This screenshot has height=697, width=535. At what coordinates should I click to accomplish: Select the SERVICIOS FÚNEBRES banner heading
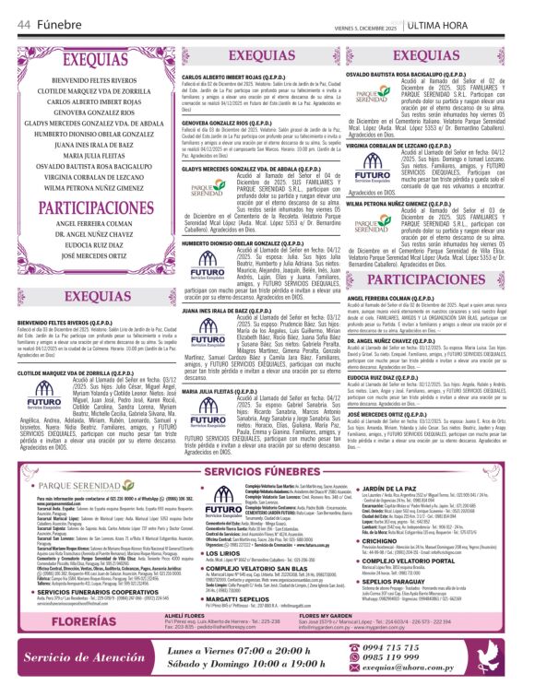pyautogui.click(x=267, y=473)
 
